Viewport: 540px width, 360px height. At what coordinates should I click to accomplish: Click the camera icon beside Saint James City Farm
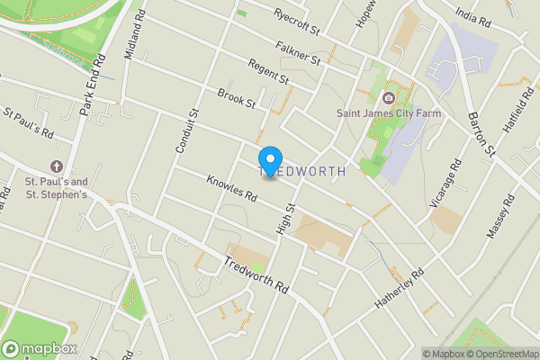click(389, 97)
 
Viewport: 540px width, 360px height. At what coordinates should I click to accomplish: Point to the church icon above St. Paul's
click(56, 166)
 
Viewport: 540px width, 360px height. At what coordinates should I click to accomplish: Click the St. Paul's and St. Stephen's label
click(56, 187)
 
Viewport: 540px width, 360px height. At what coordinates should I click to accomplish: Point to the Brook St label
click(237, 98)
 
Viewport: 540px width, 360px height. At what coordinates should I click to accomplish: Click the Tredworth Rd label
click(256, 275)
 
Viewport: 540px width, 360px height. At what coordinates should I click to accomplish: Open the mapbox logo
click(40, 348)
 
